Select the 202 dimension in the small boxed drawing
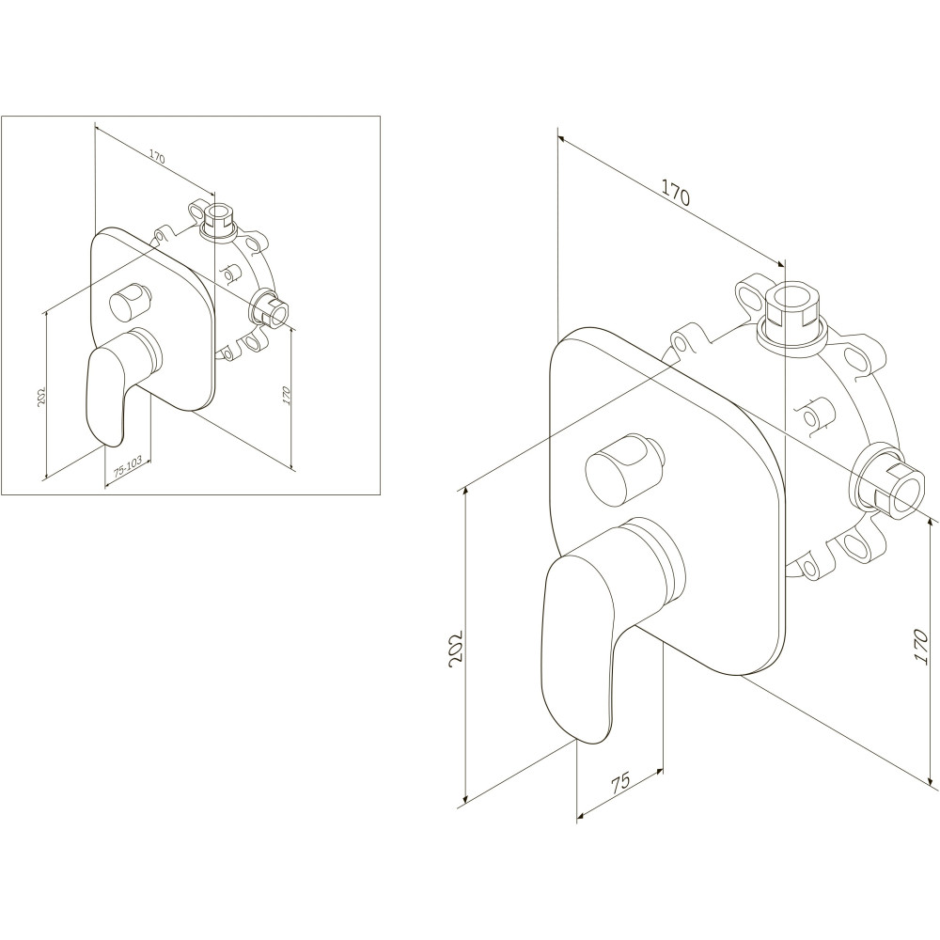point(41,397)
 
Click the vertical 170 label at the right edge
point(921,647)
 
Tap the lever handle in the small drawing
point(117,384)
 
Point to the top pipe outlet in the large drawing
point(791,315)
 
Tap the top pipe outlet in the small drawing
point(219,219)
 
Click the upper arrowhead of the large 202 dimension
point(466,495)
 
